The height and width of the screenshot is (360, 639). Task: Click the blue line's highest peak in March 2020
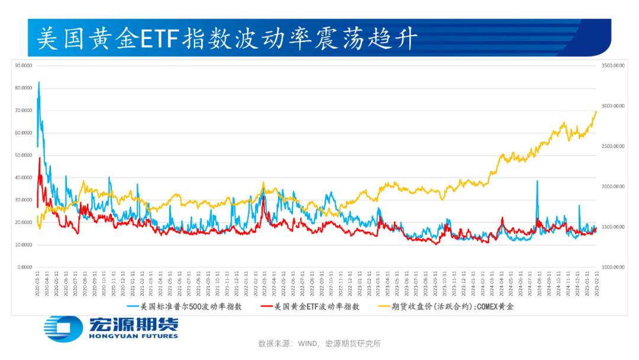coord(39,82)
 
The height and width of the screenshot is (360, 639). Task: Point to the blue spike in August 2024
coord(537,181)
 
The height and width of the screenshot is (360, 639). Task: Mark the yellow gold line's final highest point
coord(596,111)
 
